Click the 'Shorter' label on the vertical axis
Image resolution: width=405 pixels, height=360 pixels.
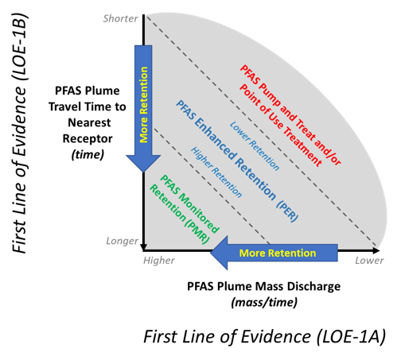click(x=120, y=18)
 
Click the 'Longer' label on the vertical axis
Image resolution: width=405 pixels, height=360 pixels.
click(x=122, y=241)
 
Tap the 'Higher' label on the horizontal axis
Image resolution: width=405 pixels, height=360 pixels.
click(x=159, y=261)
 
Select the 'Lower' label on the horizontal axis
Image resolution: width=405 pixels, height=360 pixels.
click(x=369, y=261)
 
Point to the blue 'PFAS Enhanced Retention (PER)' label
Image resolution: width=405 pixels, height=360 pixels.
click(x=237, y=161)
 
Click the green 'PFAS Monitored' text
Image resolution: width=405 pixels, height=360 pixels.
click(x=190, y=203)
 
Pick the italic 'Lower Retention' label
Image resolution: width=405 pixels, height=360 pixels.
click(x=255, y=145)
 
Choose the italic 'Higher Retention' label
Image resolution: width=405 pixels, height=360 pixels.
click(x=216, y=172)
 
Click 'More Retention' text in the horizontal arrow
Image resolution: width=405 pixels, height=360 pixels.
click(x=278, y=253)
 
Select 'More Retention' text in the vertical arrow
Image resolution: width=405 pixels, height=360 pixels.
click(x=143, y=105)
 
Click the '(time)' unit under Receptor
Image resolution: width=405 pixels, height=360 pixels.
click(x=88, y=155)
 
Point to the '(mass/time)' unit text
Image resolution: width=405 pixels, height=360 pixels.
click(x=264, y=302)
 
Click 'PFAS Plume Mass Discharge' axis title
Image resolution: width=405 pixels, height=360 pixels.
click(x=264, y=286)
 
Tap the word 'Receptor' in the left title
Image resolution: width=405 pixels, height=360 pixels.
click(x=88, y=139)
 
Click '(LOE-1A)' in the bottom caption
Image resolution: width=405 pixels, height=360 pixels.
click(x=351, y=337)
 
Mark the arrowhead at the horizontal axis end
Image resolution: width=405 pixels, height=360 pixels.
click(x=376, y=250)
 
